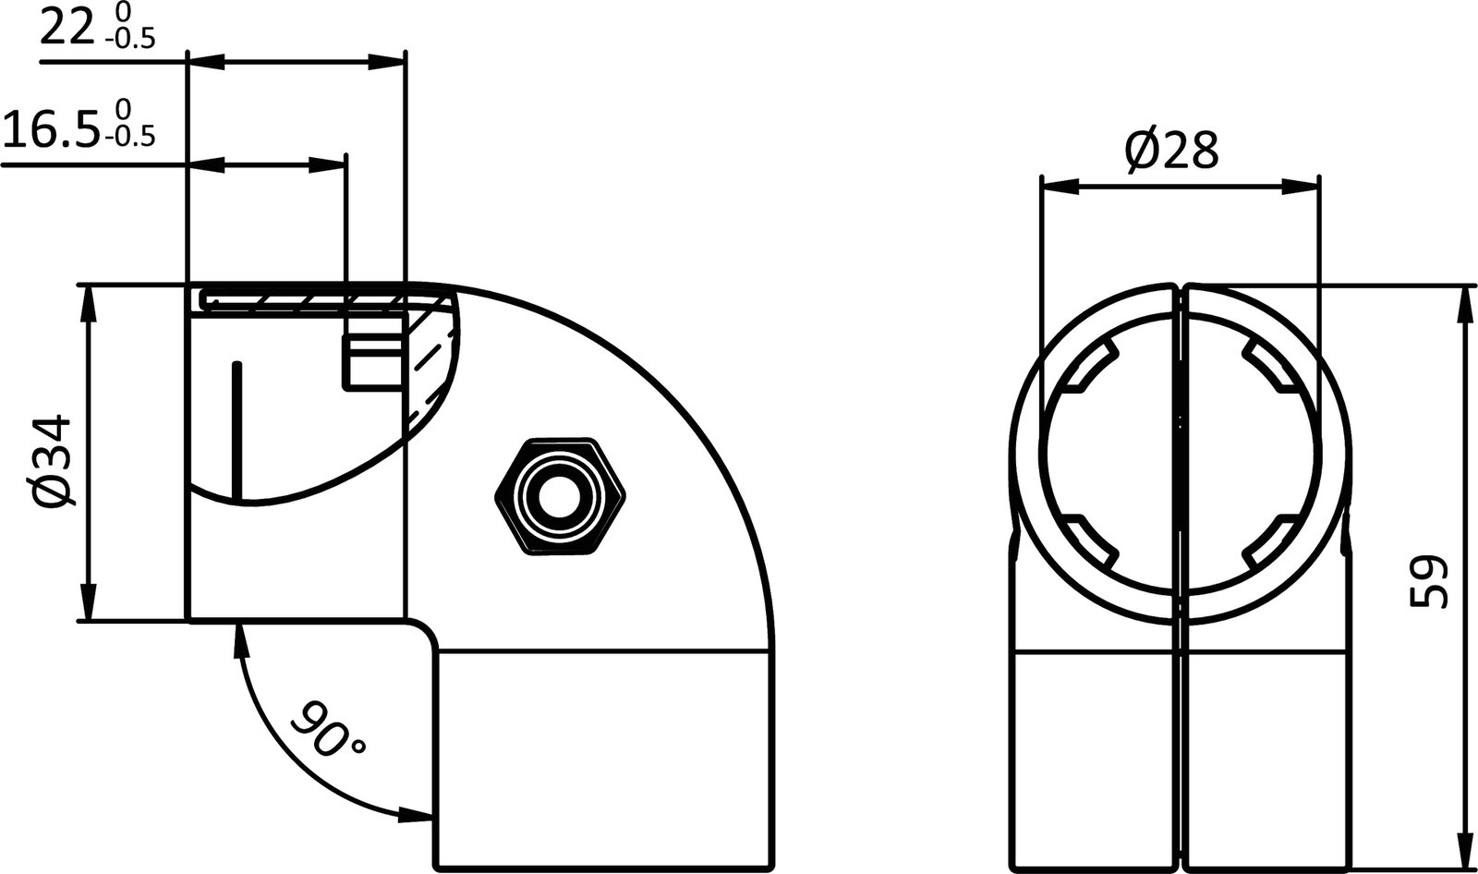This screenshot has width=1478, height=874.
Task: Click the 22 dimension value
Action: click(67, 29)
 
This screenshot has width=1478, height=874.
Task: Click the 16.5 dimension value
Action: click(50, 128)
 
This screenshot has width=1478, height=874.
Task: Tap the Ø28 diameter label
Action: click(1171, 150)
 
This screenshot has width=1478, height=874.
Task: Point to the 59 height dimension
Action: click(1427, 581)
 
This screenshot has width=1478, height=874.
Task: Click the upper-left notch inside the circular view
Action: click(1092, 369)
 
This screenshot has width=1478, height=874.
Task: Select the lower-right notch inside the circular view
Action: click(1269, 542)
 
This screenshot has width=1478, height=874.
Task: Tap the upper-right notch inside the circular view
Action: click(1269, 369)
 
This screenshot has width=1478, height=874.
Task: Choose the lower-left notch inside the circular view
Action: click(1092, 542)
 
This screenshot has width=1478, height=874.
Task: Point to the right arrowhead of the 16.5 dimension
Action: click(329, 166)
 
